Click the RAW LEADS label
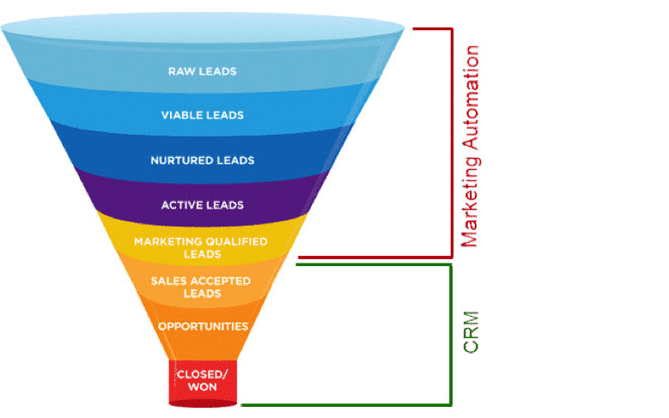(x=202, y=70)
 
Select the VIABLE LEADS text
(x=202, y=115)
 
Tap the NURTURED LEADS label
(x=202, y=161)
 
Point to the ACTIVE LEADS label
(x=202, y=205)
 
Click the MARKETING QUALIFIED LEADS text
(x=201, y=248)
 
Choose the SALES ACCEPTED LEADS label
(x=200, y=288)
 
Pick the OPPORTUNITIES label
(x=203, y=326)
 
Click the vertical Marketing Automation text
(x=470, y=147)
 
